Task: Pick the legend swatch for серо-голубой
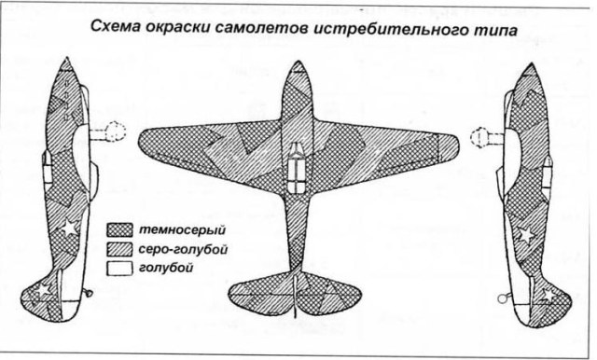(120, 250)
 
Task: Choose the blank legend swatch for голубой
(120, 270)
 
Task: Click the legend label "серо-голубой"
(183, 250)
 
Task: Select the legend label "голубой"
(167, 270)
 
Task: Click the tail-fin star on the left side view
(43, 292)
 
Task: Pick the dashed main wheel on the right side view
(482, 141)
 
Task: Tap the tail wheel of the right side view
(505, 299)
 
